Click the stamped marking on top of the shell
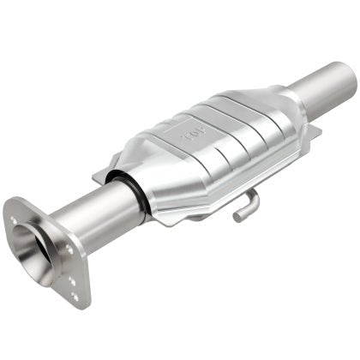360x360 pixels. pyautogui.click(x=190, y=135)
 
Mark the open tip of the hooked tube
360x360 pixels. pyautogui.click(x=237, y=216)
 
